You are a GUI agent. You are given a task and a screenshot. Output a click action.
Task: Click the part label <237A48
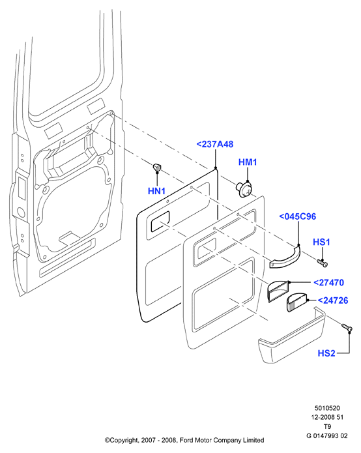click(x=214, y=144)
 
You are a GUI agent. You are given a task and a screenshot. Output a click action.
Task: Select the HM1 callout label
click(x=248, y=162)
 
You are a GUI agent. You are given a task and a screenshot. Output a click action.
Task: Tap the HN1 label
click(x=156, y=191)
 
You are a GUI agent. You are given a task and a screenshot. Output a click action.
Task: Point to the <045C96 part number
click(x=297, y=216)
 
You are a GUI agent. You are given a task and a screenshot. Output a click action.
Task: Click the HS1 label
click(x=321, y=242)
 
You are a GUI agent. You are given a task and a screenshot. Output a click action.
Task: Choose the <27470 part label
click(x=328, y=282)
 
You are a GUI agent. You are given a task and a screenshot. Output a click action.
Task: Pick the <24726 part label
click(x=333, y=300)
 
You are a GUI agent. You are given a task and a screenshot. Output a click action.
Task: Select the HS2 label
click(x=326, y=353)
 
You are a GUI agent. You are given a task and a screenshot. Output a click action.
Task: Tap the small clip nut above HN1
click(x=157, y=168)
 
